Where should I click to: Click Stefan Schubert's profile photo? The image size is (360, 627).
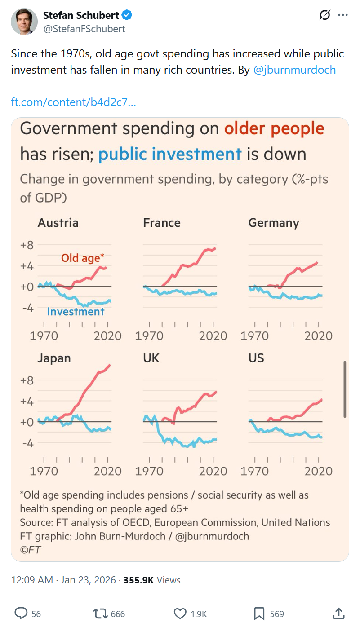(x=24, y=21)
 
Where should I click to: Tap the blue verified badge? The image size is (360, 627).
(x=127, y=15)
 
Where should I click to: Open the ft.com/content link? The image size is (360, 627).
(x=73, y=102)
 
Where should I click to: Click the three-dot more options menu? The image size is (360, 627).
(x=343, y=15)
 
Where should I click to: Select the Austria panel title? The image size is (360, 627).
(x=58, y=223)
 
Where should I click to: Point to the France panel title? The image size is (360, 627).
(x=162, y=223)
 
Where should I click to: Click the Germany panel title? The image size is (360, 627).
(x=274, y=223)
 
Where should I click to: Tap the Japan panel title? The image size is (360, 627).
(x=54, y=358)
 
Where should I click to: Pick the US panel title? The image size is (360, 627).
(x=256, y=358)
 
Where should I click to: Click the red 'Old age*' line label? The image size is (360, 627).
(x=83, y=258)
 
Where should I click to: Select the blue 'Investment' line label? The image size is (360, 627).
(x=76, y=312)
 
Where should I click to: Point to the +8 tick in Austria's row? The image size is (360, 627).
(x=27, y=245)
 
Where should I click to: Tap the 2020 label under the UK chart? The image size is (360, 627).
(x=213, y=471)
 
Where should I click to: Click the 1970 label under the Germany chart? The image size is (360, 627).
(x=255, y=336)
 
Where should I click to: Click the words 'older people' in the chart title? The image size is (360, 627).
(x=274, y=129)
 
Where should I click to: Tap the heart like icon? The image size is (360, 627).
(x=180, y=613)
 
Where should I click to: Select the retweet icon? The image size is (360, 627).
(x=99, y=613)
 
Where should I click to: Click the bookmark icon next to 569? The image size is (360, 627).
(x=259, y=613)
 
